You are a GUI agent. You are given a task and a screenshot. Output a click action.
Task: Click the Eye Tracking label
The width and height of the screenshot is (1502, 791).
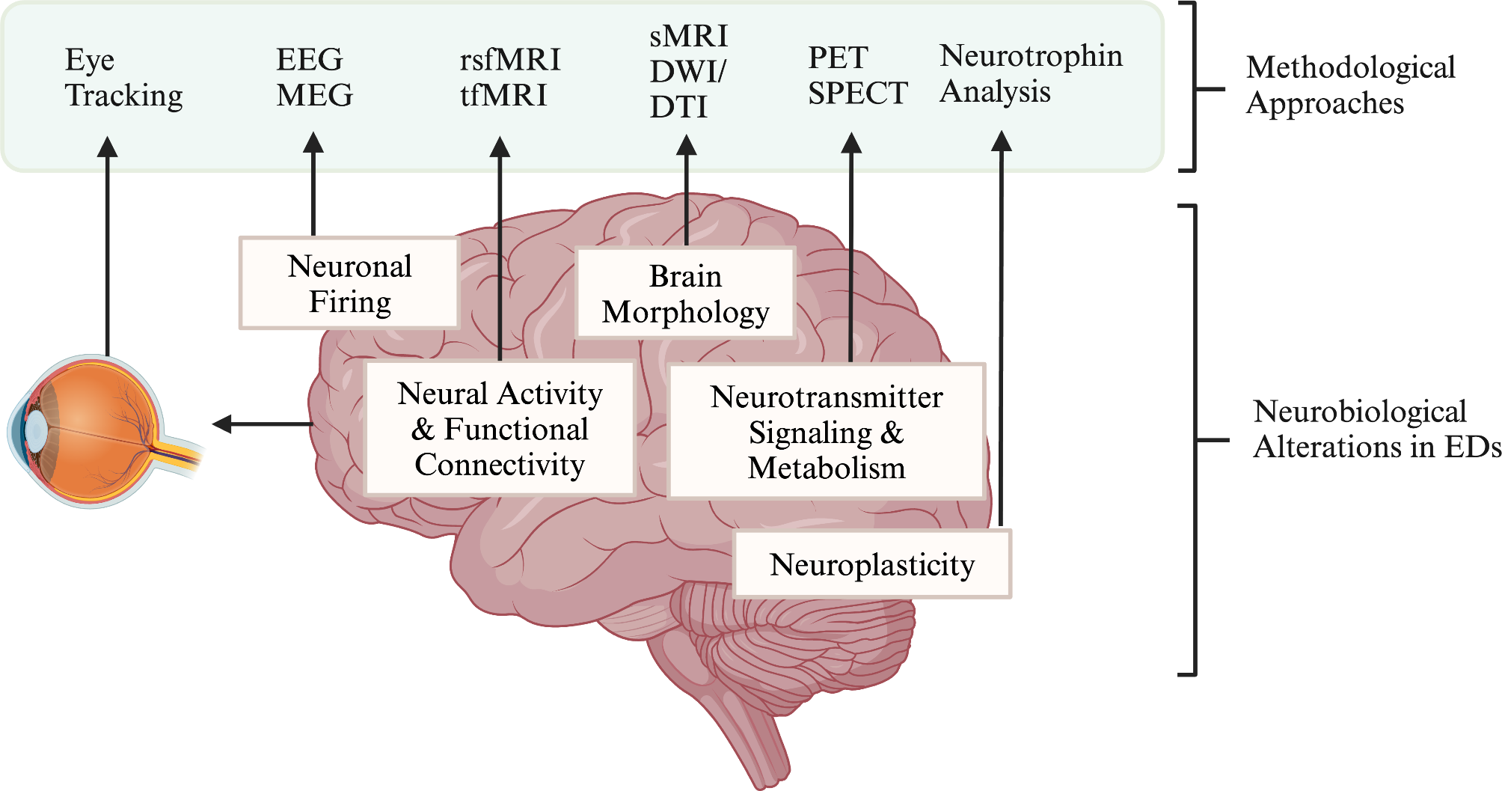(x=123, y=78)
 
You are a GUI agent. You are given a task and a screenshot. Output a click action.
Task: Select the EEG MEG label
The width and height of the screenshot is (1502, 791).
(x=313, y=78)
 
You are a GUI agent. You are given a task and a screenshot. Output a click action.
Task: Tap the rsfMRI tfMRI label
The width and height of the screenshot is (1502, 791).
(x=509, y=78)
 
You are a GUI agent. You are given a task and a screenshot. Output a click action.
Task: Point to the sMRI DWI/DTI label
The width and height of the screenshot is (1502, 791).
(x=687, y=72)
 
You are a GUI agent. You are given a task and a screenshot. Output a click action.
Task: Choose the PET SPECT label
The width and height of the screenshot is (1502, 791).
(x=857, y=76)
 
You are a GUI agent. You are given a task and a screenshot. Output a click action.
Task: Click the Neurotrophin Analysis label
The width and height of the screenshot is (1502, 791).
(x=1030, y=73)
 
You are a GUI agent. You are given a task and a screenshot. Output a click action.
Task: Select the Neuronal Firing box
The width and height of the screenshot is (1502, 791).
(x=349, y=284)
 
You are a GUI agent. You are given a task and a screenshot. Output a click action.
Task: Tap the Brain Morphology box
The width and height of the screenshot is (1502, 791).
(x=685, y=293)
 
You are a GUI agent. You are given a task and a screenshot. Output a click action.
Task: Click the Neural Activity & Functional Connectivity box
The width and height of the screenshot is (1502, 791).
(x=500, y=429)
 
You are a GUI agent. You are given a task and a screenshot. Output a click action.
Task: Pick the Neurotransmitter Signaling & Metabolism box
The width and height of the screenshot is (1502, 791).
(x=826, y=432)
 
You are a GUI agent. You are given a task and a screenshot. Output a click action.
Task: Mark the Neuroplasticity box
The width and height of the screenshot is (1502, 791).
(x=872, y=564)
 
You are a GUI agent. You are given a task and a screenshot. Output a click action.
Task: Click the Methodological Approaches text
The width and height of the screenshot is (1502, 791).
(x=1350, y=85)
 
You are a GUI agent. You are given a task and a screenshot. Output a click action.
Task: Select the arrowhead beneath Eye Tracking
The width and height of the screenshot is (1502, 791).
(x=108, y=147)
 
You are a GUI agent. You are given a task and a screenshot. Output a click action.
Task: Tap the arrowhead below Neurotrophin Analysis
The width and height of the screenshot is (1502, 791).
(x=1001, y=141)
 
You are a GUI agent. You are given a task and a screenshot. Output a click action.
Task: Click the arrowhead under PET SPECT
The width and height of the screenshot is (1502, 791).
(x=850, y=142)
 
